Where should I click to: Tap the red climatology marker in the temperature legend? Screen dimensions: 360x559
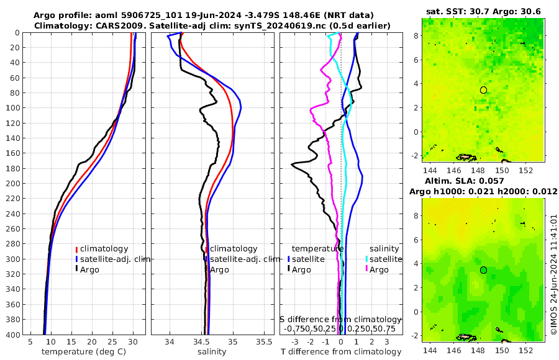(x=76, y=249)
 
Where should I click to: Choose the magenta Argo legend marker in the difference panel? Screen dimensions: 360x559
(x=366, y=269)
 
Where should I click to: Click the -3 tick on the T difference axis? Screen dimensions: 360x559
(x=294, y=342)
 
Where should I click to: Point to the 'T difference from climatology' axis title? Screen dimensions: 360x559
(x=341, y=352)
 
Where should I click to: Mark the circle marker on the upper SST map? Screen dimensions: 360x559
(x=483, y=90)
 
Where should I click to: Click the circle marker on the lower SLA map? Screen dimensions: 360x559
(x=483, y=270)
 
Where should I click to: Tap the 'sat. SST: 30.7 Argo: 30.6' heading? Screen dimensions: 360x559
(x=484, y=12)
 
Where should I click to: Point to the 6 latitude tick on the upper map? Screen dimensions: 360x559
(x=416, y=60)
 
